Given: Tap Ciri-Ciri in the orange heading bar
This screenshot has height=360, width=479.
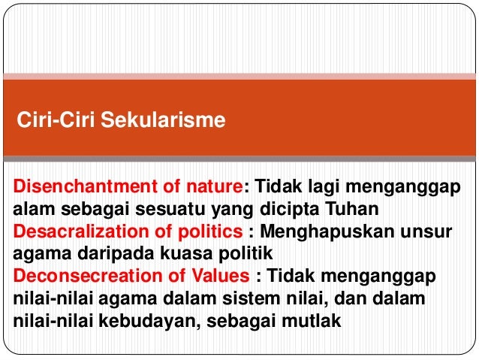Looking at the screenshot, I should point(57,119).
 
